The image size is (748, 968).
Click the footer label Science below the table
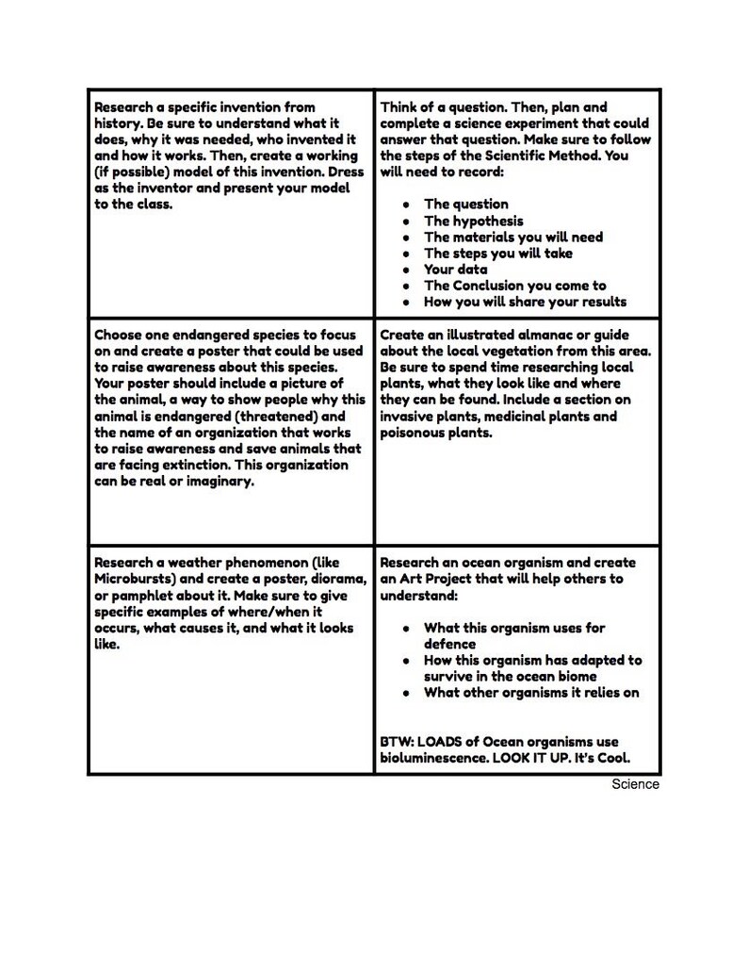(635, 784)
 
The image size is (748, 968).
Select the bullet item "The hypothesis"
(473, 221)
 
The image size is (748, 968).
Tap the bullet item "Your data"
(455, 270)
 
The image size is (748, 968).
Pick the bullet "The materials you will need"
(512, 237)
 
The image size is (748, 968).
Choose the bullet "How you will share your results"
(525, 302)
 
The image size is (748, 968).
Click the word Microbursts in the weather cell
(131, 579)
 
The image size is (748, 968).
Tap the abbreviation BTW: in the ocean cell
(397, 742)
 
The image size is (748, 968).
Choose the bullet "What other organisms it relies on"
(531, 693)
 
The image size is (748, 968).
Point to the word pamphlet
(131, 596)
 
